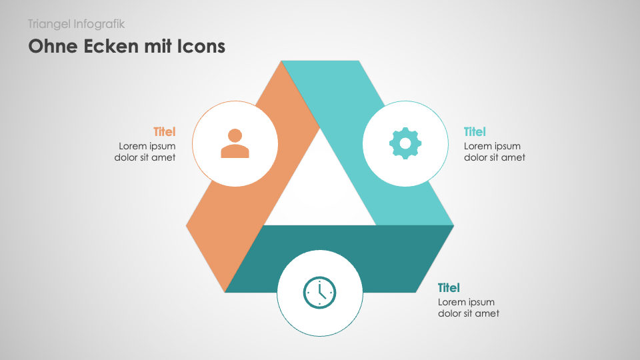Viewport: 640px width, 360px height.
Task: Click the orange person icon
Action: tap(235, 143)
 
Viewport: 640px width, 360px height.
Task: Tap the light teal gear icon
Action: tap(405, 143)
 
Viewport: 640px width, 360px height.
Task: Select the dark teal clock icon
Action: tap(319, 293)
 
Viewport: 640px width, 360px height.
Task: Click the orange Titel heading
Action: tap(165, 132)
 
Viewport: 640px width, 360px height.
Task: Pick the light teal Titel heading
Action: tap(475, 132)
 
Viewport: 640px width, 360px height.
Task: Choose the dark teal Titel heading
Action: tap(449, 288)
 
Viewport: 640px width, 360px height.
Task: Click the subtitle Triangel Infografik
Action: tap(76, 24)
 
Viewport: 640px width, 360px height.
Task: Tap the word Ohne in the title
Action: tap(53, 46)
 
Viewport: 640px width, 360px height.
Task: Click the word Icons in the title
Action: tap(201, 46)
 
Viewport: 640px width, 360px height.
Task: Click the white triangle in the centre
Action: tap(320, 192)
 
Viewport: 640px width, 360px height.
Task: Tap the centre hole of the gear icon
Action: tap(405, 143)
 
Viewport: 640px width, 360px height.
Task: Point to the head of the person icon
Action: tap(235, 135)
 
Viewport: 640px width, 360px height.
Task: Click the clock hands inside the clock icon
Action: tap(321, 291)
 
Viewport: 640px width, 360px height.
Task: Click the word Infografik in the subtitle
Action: tap(99, 24)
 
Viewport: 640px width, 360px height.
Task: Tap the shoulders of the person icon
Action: tap(235, 151)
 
